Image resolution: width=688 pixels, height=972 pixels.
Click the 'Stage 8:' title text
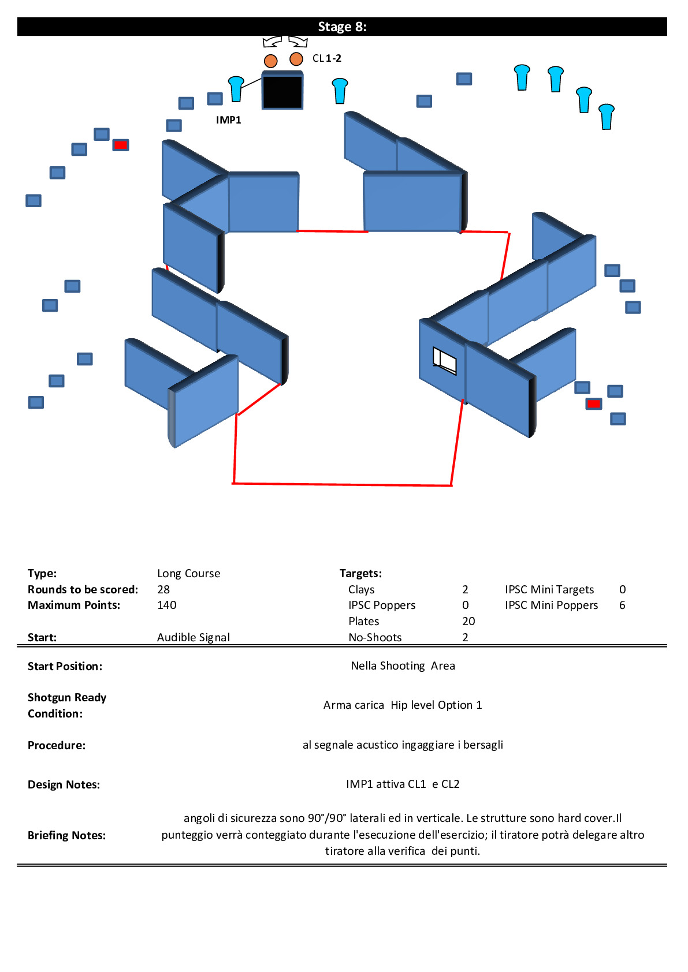342,27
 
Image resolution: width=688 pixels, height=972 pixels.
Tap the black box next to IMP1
282,90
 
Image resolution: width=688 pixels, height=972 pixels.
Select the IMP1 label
228,119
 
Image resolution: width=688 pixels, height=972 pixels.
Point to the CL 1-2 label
326,58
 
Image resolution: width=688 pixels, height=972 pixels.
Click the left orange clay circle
270,61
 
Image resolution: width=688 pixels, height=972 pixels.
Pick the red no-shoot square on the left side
121,145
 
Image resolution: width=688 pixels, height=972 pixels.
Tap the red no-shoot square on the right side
594,404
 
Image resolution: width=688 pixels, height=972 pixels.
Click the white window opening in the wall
444,360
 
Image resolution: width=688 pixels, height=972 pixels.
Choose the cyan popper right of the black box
340,91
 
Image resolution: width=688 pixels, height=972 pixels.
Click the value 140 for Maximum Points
167,605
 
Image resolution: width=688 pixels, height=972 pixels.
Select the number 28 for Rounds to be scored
163,589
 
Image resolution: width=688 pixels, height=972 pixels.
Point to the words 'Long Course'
188,573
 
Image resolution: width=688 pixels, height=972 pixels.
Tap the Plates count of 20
468,621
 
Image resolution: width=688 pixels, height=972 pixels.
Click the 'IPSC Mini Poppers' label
551,605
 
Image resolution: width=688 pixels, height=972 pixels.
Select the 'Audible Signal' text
194,637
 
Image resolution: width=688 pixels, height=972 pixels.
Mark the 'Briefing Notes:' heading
67,835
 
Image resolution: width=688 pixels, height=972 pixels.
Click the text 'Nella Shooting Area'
403,666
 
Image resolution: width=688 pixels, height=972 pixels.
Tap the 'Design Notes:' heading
64,784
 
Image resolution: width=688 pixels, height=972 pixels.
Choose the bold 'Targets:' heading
360,573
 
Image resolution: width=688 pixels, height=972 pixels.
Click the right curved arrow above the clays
299,42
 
